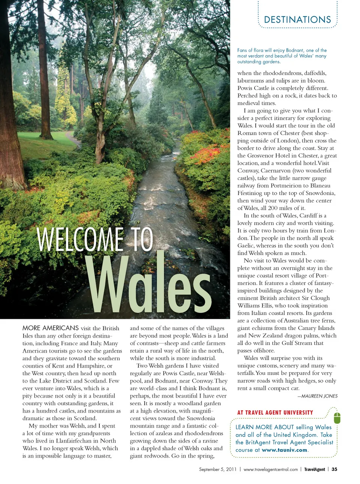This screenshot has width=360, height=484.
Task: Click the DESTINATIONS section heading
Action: click(x=297, y=20)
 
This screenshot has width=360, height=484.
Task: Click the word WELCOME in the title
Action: click(x=80, y=239)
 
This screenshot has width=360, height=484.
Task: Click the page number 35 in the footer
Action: click(x=334, y=469)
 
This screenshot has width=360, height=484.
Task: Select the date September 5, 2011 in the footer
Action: click(x=217, y=469)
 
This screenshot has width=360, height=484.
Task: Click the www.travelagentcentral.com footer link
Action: click(x=270, y=469)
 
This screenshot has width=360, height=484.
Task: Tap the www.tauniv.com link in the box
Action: click(x=285, y=450)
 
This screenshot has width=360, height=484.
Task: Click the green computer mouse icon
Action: click(x=337, y=417)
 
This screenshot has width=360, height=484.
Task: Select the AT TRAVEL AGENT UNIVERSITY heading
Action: click(x=275, y=413)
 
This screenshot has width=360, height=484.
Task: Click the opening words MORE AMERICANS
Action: click(x=51, y=328)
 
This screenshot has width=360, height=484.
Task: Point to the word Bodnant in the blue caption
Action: click(x=295, y=50)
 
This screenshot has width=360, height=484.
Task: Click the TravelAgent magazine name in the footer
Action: click(x=315, y=469)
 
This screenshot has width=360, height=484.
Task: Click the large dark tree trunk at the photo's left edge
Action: click(x=9, y=113)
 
